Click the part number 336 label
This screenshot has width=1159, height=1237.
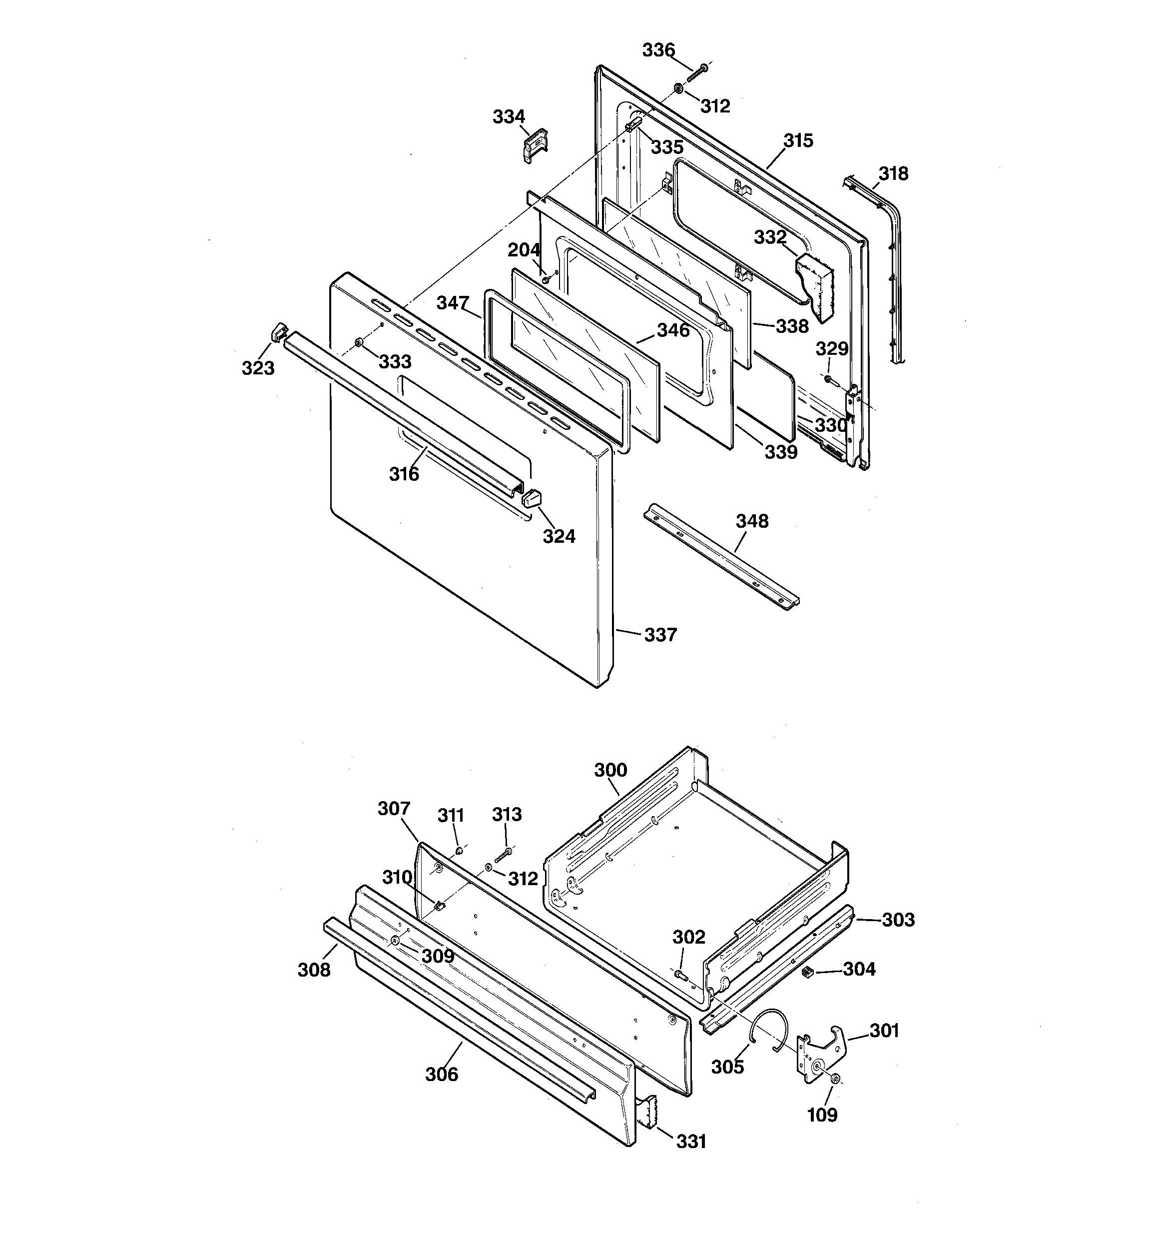click(x=658, y=50)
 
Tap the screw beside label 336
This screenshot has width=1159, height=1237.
click(x=696, y=71)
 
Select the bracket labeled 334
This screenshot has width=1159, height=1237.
click(x=534, y=145)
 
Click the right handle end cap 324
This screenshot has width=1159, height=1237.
click(x=531, y=498)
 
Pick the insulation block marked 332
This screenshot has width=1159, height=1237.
click(x=815, y=284)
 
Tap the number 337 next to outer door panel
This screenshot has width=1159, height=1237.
click(x=660, y=635)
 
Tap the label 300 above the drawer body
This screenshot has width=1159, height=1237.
click(x=610, y=770)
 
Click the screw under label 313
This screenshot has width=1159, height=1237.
click(x=503, y=856)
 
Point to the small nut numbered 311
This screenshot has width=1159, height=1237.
click(x=459, y=849)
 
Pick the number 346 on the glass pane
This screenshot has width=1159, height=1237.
click(x=673, y=330)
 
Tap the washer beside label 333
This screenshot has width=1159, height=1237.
click(x=359, y=343)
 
